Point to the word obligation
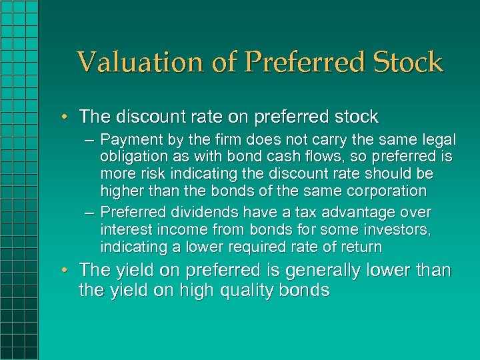coord(133,157)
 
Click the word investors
coord(393,230)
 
